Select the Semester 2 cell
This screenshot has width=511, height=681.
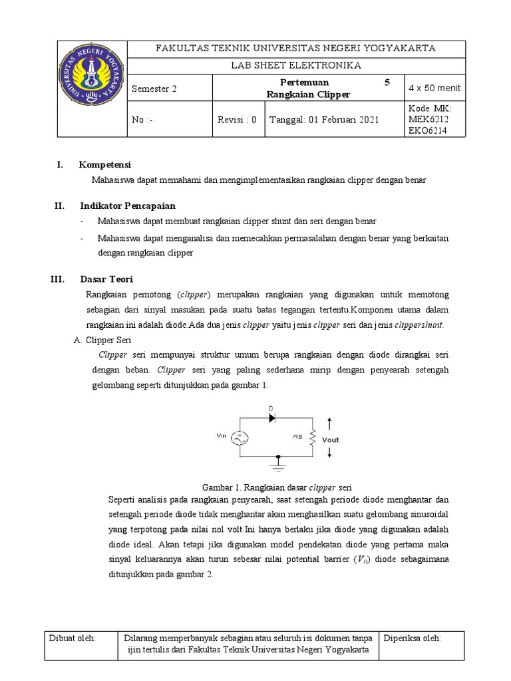pyautogui.click(x=154, y=89)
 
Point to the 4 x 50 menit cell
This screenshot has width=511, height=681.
pyautogui.click(x=434, y=88)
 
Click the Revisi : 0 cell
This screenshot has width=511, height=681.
pyautogui.click(x=237, y=120)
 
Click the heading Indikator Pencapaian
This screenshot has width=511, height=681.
pyautogui.click(x=128, y=206)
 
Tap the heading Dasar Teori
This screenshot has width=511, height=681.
pyautogui.click(x=106, y=279)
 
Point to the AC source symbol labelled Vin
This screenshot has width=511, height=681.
pyautogui.click(x=240, y=438)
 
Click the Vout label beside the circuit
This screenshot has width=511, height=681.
pyautogui.click(x=331, y=440)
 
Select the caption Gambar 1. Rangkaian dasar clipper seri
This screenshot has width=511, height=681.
pyautogui.click(x=275, y=487)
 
